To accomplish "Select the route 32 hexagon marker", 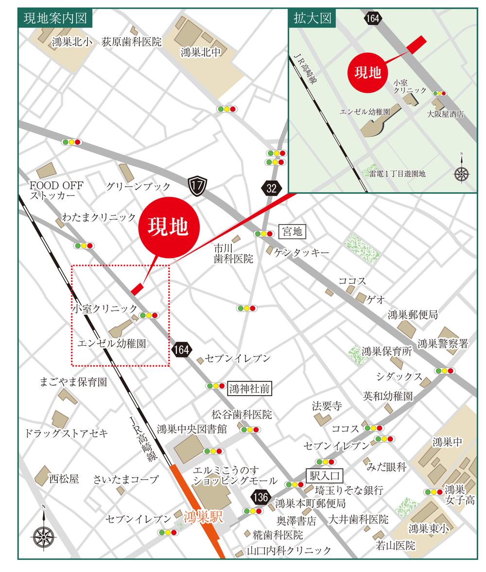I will coord(271,189).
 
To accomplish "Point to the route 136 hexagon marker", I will coord(260,497).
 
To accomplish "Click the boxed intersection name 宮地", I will coord(292,232).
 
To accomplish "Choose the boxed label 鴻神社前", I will coord(249,388).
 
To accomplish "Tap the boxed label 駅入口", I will coord(324,475).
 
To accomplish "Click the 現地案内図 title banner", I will coord(55,18).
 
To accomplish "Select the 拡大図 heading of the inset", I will coord(312,18).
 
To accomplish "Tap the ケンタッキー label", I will coord(301,252).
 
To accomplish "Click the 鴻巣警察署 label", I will coord(442,344).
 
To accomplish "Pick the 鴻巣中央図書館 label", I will coord(191,429).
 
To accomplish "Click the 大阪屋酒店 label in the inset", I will coord(445,114).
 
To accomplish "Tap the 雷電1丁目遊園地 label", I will coord(397,173).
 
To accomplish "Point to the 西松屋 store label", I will coord(64,479).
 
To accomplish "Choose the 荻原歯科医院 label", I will coord(131,42).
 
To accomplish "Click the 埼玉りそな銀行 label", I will coord(349,489).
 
